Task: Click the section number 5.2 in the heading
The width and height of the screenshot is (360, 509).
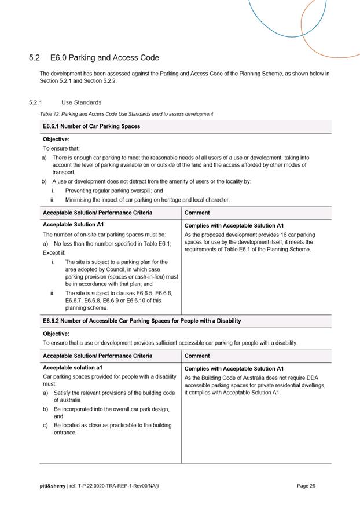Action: click(x=34, y=58)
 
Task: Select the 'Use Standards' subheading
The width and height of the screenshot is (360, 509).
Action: click(x=81, y=102)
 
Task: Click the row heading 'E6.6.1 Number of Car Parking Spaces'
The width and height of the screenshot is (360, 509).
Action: click(x=91, y=126)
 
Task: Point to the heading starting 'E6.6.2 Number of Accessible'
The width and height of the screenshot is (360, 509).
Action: click(x=142, y=321)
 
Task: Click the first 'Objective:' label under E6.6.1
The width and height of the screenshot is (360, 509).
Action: click(x=56, y=140)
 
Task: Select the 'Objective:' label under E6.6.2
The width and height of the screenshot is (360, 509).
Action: click(x=56, y=334)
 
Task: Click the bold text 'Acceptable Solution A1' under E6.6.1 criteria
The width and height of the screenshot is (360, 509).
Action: click(x=73, y=225)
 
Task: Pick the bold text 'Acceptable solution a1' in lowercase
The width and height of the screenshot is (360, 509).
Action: click(x=72, y=368)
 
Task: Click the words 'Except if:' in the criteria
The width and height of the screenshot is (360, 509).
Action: click(x=56, y=253)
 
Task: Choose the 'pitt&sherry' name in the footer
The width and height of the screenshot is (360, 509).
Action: click(x=52, y=486)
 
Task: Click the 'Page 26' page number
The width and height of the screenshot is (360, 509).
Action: click(x=306, y=486)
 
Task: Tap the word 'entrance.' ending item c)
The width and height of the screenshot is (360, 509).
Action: click(x=65, y=433)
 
